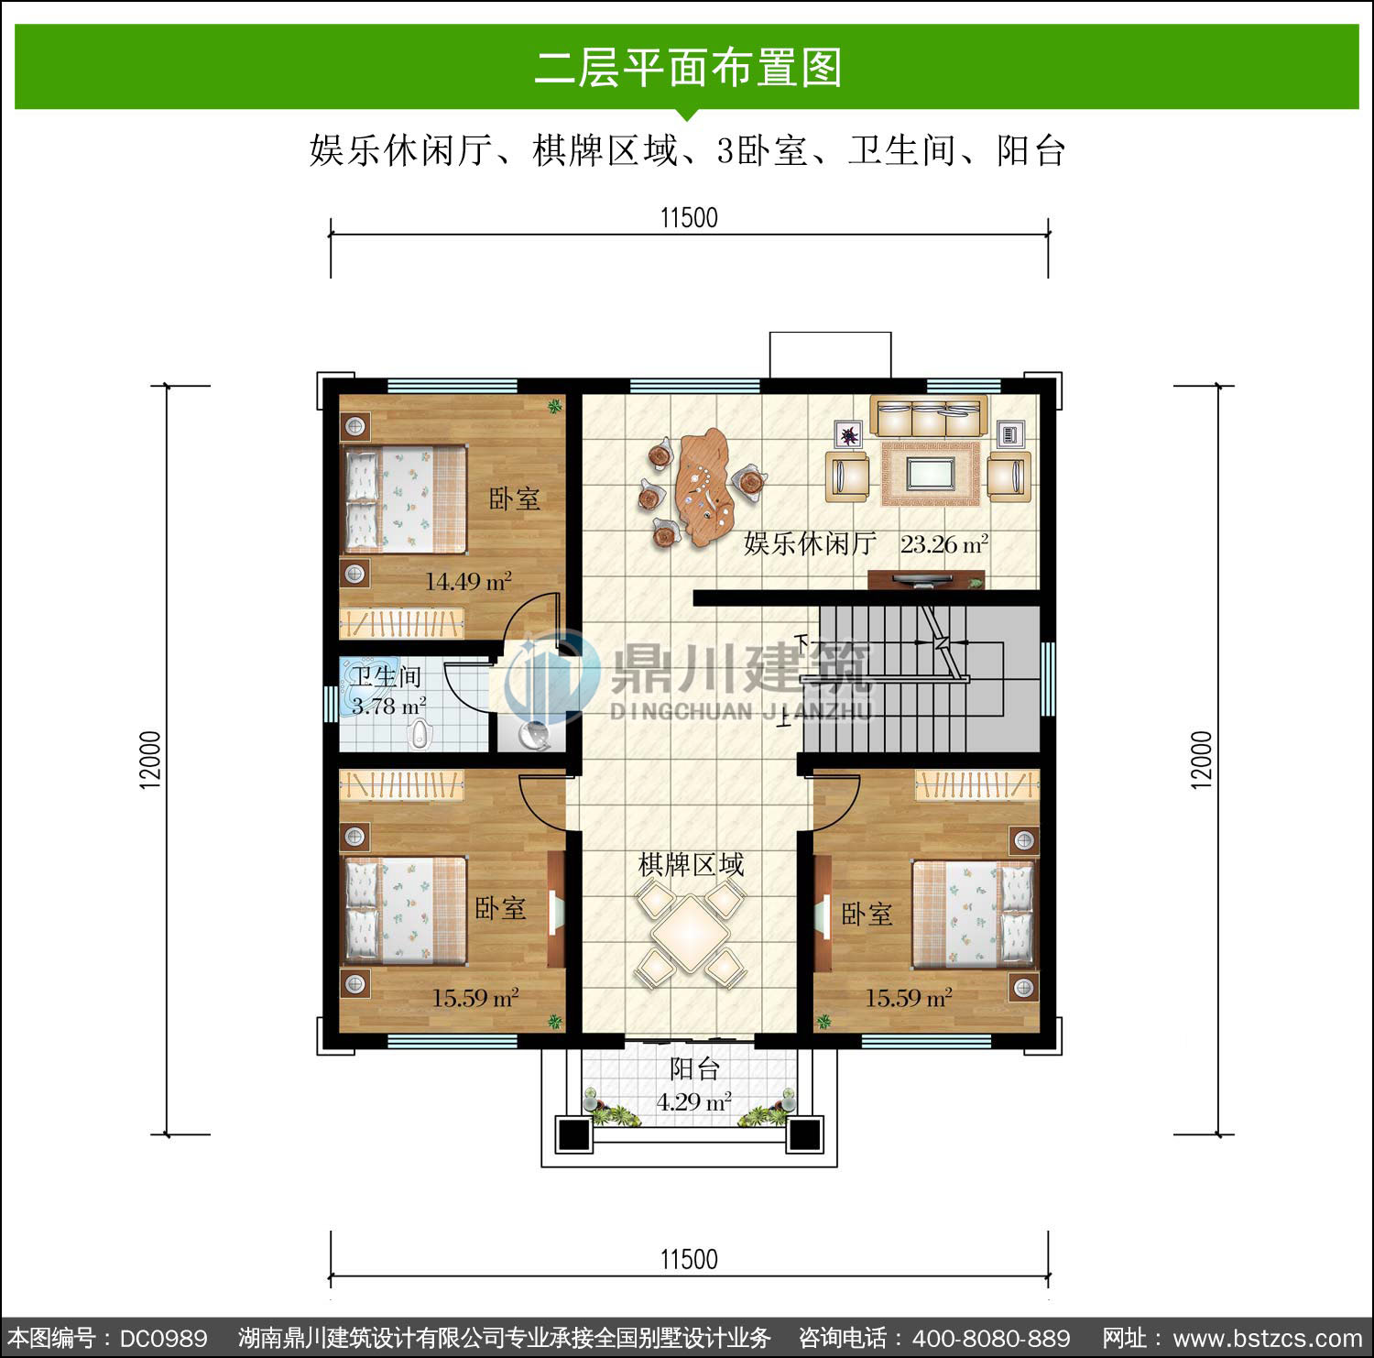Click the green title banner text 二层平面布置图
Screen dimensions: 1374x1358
688,68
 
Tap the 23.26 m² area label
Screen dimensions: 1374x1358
943,544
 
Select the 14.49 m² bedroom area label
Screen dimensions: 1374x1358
468,581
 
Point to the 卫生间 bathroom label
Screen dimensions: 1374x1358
387,676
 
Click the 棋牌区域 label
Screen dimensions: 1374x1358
691,864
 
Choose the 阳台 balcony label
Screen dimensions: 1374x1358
694,1068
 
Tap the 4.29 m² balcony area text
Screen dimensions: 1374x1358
693,1101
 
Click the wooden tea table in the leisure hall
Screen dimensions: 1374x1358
703,486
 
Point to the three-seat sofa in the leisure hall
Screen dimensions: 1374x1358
928,416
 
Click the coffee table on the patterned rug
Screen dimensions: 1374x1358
931,474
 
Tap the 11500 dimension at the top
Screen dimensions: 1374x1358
689,218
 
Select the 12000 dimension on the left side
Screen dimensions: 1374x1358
150,760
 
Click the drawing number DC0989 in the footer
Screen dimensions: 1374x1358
163,1339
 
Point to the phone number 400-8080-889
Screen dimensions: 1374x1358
990,1339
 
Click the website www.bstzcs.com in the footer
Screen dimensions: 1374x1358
1267,1339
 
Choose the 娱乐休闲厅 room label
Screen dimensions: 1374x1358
810,543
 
